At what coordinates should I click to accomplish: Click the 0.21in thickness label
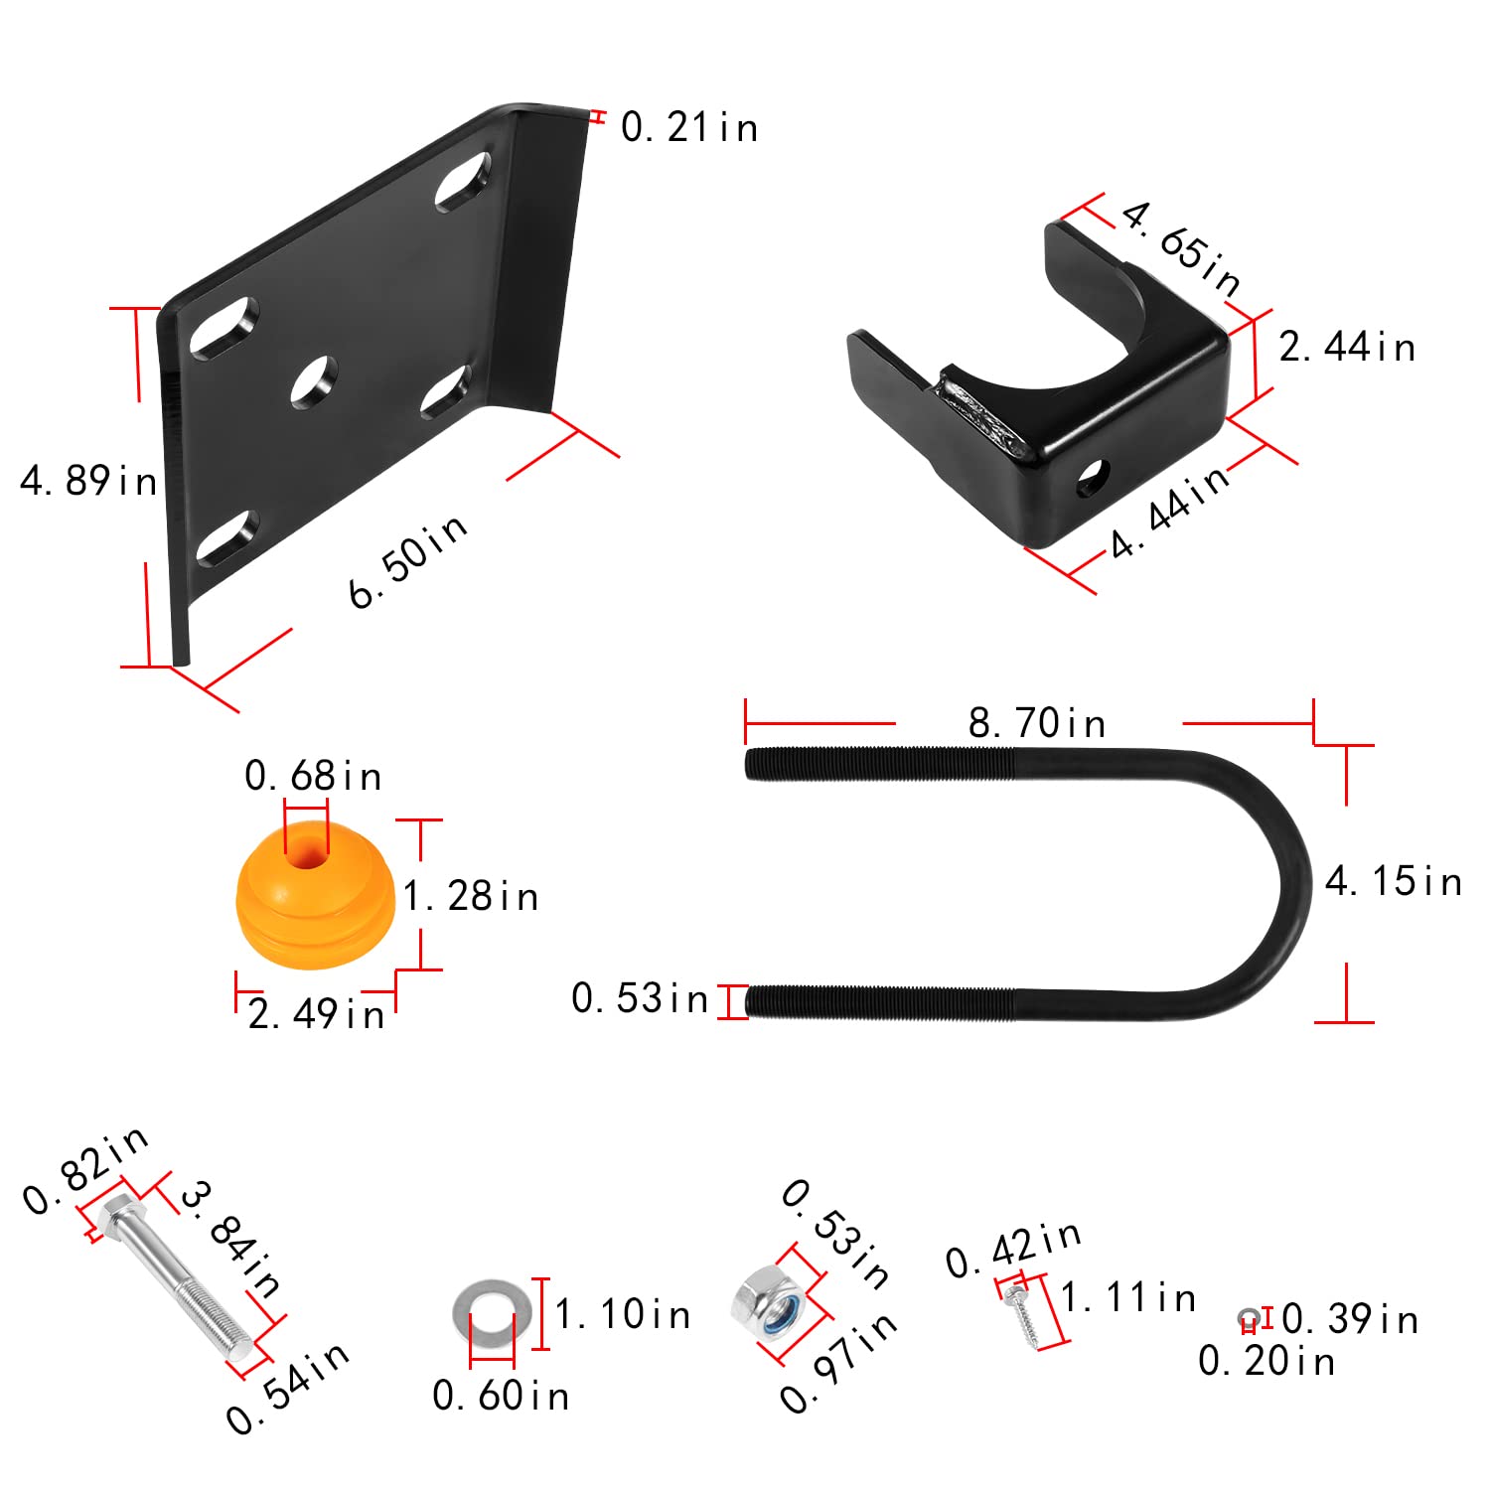(688, 127)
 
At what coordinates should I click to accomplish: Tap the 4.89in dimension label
(88, 481)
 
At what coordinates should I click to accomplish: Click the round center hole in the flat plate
(314, 381)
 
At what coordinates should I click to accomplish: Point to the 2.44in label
(1346, 348)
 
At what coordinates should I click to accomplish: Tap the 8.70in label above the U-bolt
(1037, 723)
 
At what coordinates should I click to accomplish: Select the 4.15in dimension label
(1393, 881)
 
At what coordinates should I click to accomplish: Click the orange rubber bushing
(315, 899)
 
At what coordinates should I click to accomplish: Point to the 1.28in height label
(471, 896)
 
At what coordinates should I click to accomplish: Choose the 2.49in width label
(316, 1014)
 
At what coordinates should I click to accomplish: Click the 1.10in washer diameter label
(622, 1314)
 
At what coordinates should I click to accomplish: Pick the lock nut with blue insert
(767, 1299)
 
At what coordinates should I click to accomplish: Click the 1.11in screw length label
(1127, 1297)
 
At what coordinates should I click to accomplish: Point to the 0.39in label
(1349, 1319)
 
